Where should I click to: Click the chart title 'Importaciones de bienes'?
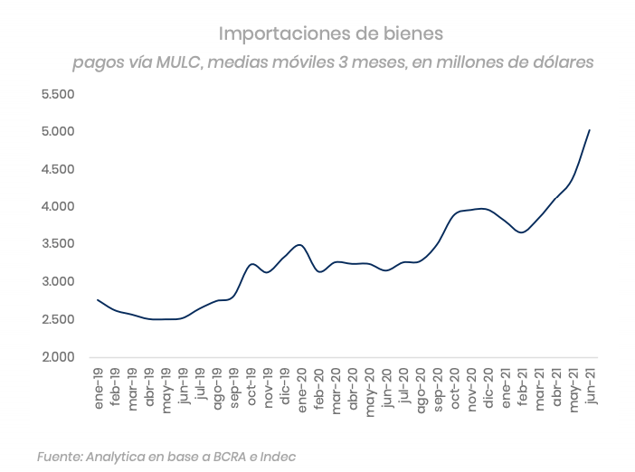click(332, 34)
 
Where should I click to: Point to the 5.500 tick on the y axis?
click(57, 94)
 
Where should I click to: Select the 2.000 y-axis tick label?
click(57, 357)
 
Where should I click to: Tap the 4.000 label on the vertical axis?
click(57, 207)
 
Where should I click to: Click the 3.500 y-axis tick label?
click(57, 244)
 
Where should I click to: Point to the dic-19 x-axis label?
click(284, 387)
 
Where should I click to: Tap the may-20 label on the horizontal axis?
click(369, 392)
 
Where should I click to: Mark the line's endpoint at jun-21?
click(590, 129)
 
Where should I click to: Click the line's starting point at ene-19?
click(97, 299)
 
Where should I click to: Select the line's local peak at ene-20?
click(300, 244)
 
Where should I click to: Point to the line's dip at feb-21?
click(522, 232)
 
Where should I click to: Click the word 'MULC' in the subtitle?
click(179, 63)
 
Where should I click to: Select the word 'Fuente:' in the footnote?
click(59, 458)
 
